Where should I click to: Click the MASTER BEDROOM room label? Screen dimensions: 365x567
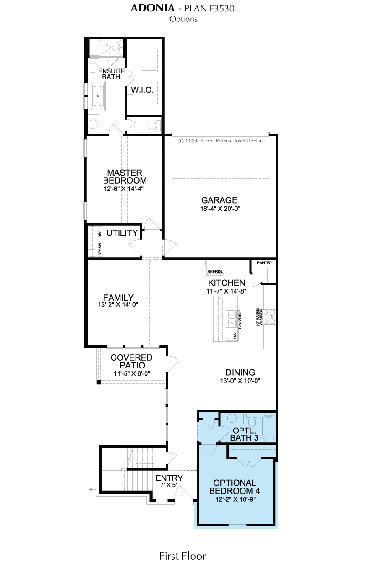(125, 176)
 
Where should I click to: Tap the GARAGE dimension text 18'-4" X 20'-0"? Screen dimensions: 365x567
(220, 209)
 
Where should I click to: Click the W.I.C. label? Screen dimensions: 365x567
(142, 89)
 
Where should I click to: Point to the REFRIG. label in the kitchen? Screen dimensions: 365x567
(215, 271)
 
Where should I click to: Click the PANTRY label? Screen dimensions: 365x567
(265, 263)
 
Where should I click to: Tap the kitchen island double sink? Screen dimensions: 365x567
(232, 319)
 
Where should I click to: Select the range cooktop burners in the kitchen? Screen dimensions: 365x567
(269, 316)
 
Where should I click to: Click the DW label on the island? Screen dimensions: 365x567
(235, 336)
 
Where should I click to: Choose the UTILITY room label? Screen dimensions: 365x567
(122, 233)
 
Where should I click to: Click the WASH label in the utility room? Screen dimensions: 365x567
(99, 249)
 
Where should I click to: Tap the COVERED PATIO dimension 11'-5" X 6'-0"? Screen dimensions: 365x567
(132, 373)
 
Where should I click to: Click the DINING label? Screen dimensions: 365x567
(240, 373)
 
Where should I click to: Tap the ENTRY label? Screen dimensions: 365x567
(169, 478)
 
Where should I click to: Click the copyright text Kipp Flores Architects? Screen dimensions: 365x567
(231, 141)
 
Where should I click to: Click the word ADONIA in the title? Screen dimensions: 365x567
(153, 8)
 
